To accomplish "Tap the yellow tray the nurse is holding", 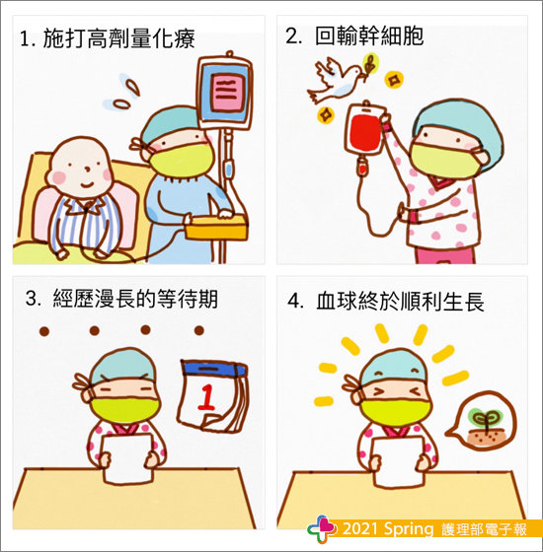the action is click(216, 227).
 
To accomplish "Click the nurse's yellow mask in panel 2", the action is click(445, 159).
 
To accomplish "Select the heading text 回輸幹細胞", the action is click(369, 36).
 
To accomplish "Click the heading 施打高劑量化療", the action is click(118, 38).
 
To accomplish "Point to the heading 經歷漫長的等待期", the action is click(135, 300).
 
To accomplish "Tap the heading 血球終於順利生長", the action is click(400, 302).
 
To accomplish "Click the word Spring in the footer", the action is click(409, 529).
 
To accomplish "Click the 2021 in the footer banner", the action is click(360, 528).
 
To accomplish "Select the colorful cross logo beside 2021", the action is click(322, 528).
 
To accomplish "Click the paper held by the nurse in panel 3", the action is click(127, 458).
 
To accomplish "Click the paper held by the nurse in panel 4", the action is click(398, 461).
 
